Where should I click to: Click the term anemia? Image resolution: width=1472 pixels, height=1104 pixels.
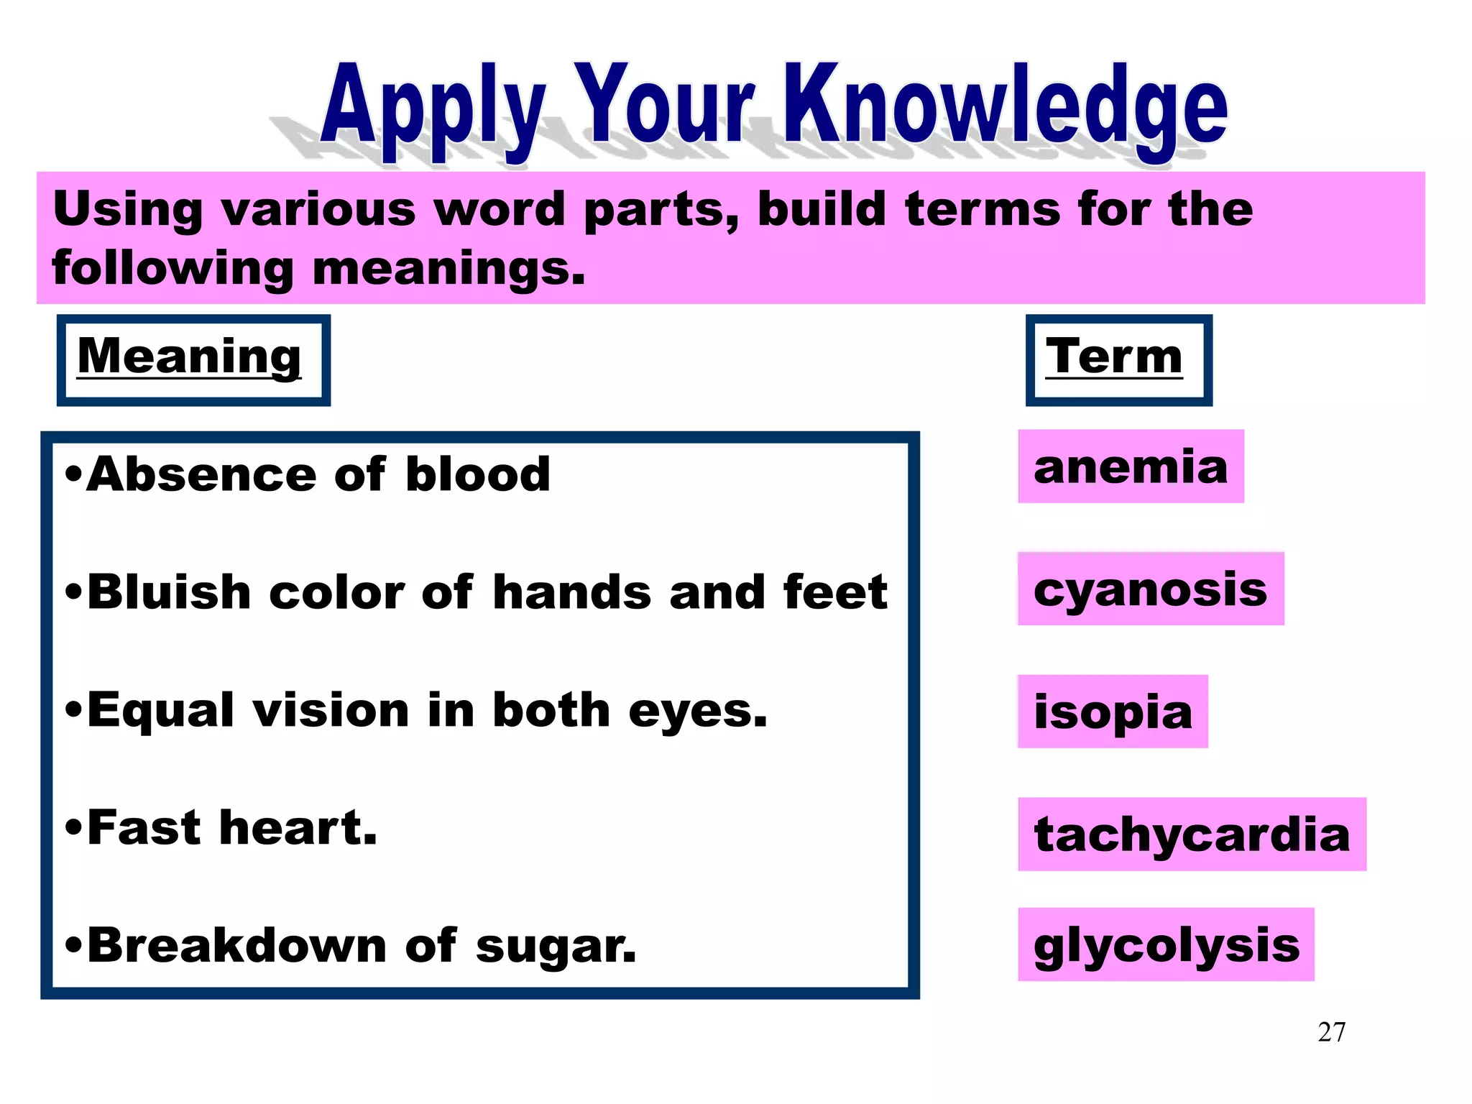pos(1130,467)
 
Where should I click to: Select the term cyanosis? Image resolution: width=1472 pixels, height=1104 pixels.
pos(1150,589)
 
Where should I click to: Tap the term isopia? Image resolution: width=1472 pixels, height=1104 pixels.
pos(1113,712)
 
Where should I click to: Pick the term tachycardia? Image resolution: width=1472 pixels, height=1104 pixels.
pos(1192,834)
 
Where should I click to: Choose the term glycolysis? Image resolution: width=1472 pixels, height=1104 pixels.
pos(1166,944)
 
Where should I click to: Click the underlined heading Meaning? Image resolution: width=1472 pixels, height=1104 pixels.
pos(189,356)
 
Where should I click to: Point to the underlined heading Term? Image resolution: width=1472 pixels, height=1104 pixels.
pos(1113,356)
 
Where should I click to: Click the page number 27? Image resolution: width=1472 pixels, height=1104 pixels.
pos(1331,1032)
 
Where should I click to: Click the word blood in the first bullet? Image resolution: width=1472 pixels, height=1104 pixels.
pos(478,475)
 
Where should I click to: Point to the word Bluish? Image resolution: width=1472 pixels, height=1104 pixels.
pos(169,593)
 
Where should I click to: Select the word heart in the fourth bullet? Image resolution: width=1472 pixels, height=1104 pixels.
pos(298,828)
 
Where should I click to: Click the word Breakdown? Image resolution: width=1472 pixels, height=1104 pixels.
pos(237,945)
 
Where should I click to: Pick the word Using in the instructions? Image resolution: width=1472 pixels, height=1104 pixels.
pos(128,210)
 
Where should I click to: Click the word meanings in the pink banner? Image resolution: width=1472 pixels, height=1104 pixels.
pos(449,269)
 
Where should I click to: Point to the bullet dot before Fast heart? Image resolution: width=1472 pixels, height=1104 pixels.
pos(74,829)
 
